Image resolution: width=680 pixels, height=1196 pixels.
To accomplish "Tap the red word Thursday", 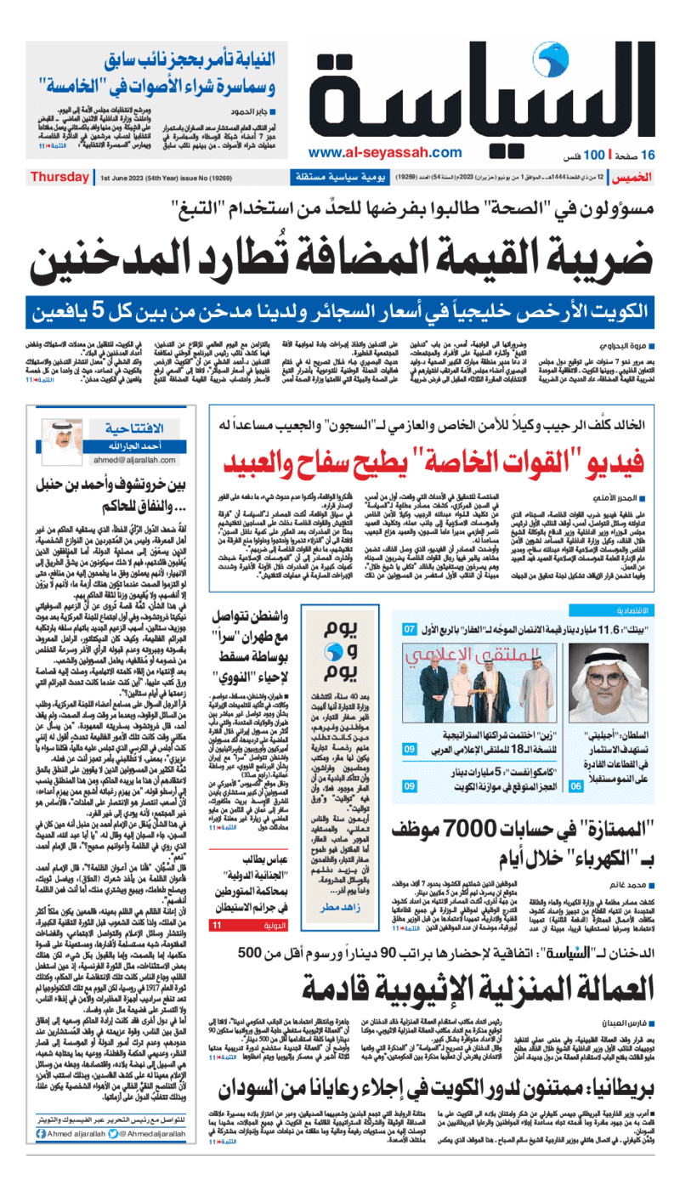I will (x=59, y=178).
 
